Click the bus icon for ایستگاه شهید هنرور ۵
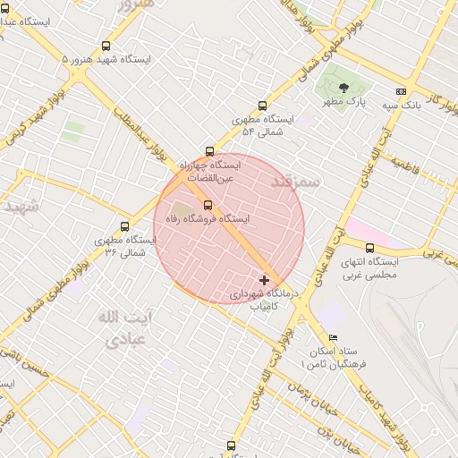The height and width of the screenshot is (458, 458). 106,46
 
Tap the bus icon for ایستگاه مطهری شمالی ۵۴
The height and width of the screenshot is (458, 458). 262,105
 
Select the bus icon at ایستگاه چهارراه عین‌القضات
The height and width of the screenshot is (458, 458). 209,152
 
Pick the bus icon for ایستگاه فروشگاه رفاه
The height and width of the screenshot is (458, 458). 208,205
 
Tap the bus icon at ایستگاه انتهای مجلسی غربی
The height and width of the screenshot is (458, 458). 369,249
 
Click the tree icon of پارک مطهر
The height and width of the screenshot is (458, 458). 344,88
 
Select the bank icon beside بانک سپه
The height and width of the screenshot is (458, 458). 401,91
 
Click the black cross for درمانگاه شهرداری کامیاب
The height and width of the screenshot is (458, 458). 264,280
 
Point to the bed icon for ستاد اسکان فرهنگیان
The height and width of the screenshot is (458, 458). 333,337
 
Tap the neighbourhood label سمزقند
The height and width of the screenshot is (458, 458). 293,182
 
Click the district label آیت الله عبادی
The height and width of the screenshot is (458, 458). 124,328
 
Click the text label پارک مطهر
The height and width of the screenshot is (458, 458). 345,103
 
